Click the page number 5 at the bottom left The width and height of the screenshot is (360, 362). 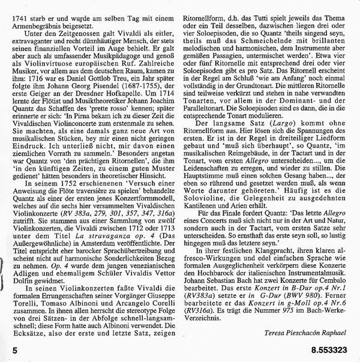click(x=6, y=346)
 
